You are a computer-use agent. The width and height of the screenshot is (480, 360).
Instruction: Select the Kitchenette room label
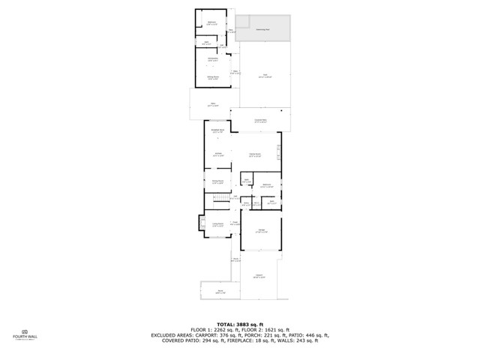point(212,58)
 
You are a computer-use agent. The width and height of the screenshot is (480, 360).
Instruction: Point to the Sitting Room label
point(213,76)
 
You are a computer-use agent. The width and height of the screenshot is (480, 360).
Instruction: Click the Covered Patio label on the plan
point(261,121)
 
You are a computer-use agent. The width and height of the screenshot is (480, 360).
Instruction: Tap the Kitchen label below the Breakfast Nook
point(217,155)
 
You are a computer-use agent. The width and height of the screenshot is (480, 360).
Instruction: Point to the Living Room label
point(218,224)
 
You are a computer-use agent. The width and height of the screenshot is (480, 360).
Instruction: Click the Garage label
point(261,230)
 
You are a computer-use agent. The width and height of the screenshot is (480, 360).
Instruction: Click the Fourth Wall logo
point(25,334)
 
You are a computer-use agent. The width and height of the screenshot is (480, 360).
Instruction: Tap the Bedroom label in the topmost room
point(211,22)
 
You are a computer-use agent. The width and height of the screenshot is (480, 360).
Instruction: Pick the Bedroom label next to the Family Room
point(266,185)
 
